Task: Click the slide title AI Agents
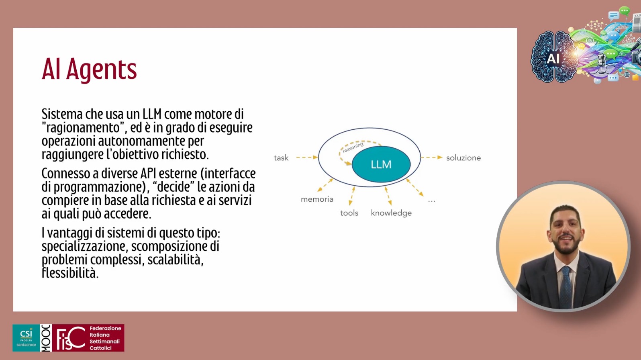click(x=89, y=70)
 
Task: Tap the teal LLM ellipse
click(x=381, y=164)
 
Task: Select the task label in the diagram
click(x=281, y=158)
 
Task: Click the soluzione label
click(x=463, y=158)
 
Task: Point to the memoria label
click(x=317, y=199)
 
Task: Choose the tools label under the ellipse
click(x=349, y=213)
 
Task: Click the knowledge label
click(x=391, y=213)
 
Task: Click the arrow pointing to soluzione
click(x=432, y=157)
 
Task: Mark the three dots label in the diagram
click(x=431, y=201)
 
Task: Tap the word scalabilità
click(x=176, y=260)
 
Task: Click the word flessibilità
click(x=70, y=273)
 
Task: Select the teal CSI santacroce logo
click(x=26, y=338)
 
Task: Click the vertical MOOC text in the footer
click(x=46, y=338)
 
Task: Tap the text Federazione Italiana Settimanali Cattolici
click(x=105, y=338)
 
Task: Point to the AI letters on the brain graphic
click(x=553, y=59)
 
